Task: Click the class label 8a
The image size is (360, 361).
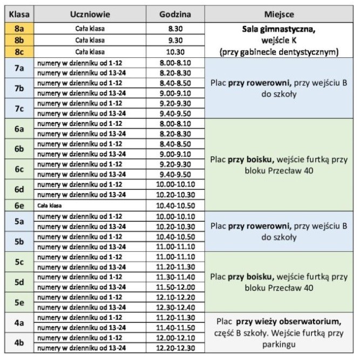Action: click(x=18, y=29)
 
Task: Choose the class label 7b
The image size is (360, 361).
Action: click(x=18, y=88)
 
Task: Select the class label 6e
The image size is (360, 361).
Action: click(x=18, y=205)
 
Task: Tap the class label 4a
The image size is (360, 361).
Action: click(x=18, y=323)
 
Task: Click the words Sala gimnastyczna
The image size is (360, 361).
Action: click(x=279, y=29)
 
